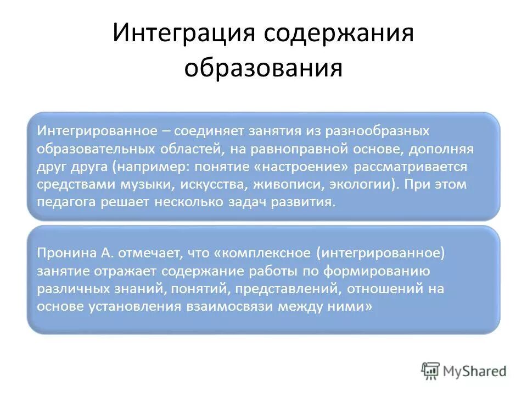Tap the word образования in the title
coord(263,69)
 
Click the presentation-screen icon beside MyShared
coord(431,370)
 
